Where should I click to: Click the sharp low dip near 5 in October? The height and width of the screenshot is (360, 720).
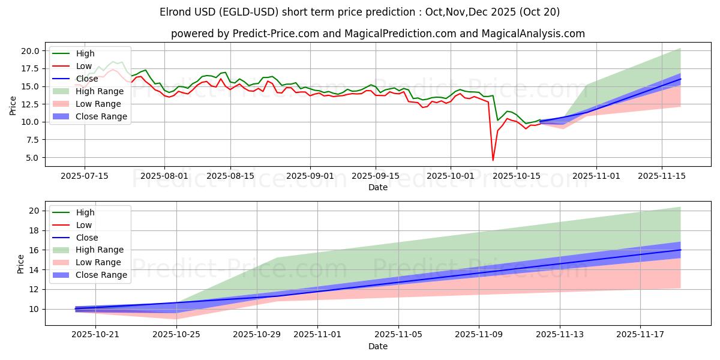click(x=493, y=160)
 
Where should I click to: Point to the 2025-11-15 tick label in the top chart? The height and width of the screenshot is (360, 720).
click(x=662, y=176)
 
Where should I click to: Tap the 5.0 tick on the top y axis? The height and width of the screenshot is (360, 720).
click(x=33, y=158)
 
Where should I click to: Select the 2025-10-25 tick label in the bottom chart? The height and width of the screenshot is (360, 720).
click(x=177, y=335)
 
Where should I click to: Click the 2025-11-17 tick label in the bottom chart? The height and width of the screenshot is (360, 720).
click(x=640, y=335)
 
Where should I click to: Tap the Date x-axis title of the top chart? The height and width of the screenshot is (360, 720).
click(x=378, y=187)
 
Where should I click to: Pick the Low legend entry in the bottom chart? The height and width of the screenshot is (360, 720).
click(x=84, y=225)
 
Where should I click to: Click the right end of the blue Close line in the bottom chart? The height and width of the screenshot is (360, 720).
click(x=680, y=250)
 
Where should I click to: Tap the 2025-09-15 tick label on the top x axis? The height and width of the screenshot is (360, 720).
click(x=376, y=176)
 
